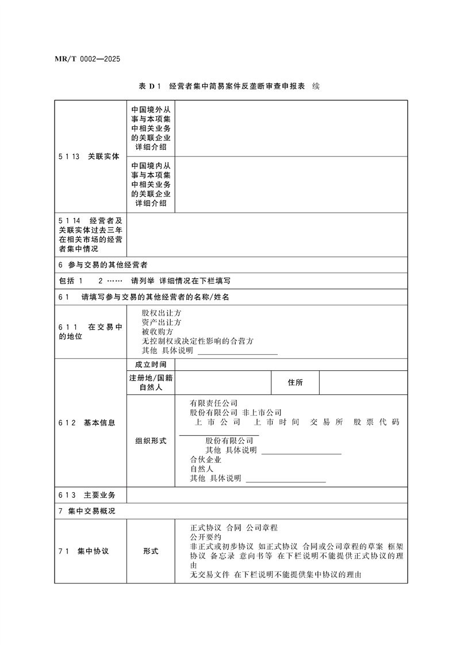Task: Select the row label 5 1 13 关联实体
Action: pos(89,156)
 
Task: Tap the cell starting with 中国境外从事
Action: pos(151,128)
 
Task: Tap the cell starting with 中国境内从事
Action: pos(151,185)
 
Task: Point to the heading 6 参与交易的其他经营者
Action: pos(104,266)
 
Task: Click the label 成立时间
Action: pos(151,364)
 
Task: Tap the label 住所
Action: pos(295,383)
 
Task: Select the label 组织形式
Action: pos(151,441)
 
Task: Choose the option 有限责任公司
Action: pos(214,404)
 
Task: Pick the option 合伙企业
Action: pos(206,460)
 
